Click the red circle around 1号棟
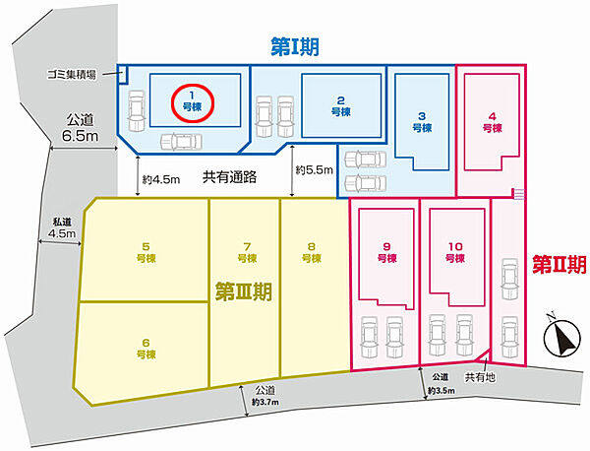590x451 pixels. click(193, 86)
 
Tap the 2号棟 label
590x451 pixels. click(341, 106)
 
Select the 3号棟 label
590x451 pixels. click(422, 122)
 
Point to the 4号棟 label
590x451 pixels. click(493, 122)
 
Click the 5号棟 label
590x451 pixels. click(146, 252)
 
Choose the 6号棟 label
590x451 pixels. click(146, 349)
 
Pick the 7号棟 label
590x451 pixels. click(247, 252)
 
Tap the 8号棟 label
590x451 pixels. click(312, 252)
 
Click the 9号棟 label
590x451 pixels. click(386, 252)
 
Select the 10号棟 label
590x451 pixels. click(455, 252)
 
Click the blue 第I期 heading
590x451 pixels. click(295, 47)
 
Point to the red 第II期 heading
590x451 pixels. click(560, 264)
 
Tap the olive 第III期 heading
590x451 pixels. click(244, 291)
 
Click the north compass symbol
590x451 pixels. click(561, 337)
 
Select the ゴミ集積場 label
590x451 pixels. click(72, 74)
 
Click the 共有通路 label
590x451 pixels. click(229, 176)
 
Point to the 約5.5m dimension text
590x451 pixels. click(315, 170)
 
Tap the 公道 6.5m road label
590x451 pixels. click(81, 128)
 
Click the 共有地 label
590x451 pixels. click(480, 377)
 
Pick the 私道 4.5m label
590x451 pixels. click(62, 227)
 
